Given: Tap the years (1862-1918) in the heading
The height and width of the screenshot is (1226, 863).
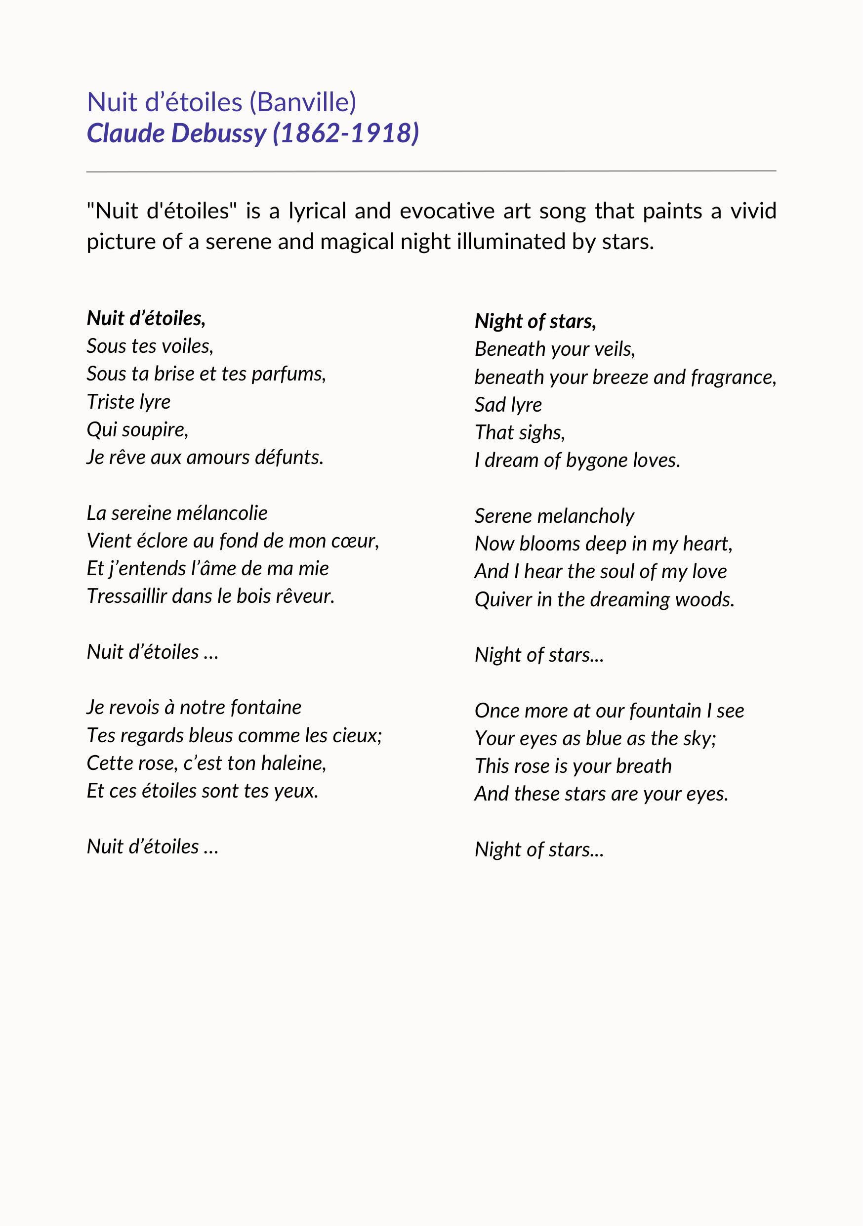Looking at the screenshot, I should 346,133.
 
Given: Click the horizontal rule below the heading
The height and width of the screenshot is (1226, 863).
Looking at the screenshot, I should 431,171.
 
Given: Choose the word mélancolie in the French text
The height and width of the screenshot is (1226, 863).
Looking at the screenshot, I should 221,513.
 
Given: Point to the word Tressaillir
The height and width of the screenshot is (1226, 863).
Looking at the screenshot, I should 127,596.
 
